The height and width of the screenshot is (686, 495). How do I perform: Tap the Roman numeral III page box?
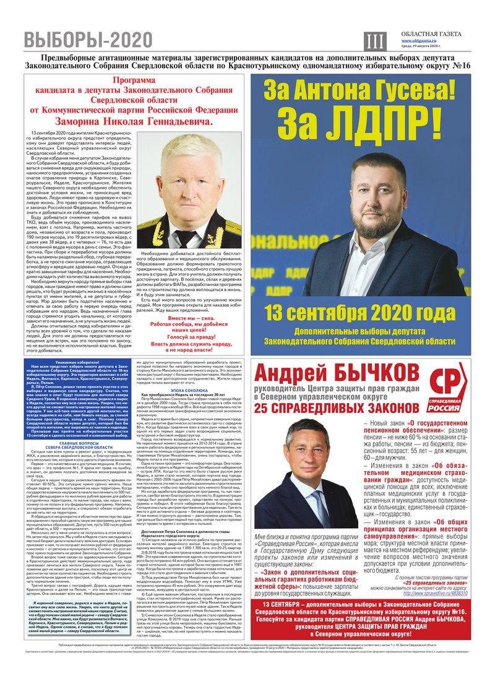pos(372,41)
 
